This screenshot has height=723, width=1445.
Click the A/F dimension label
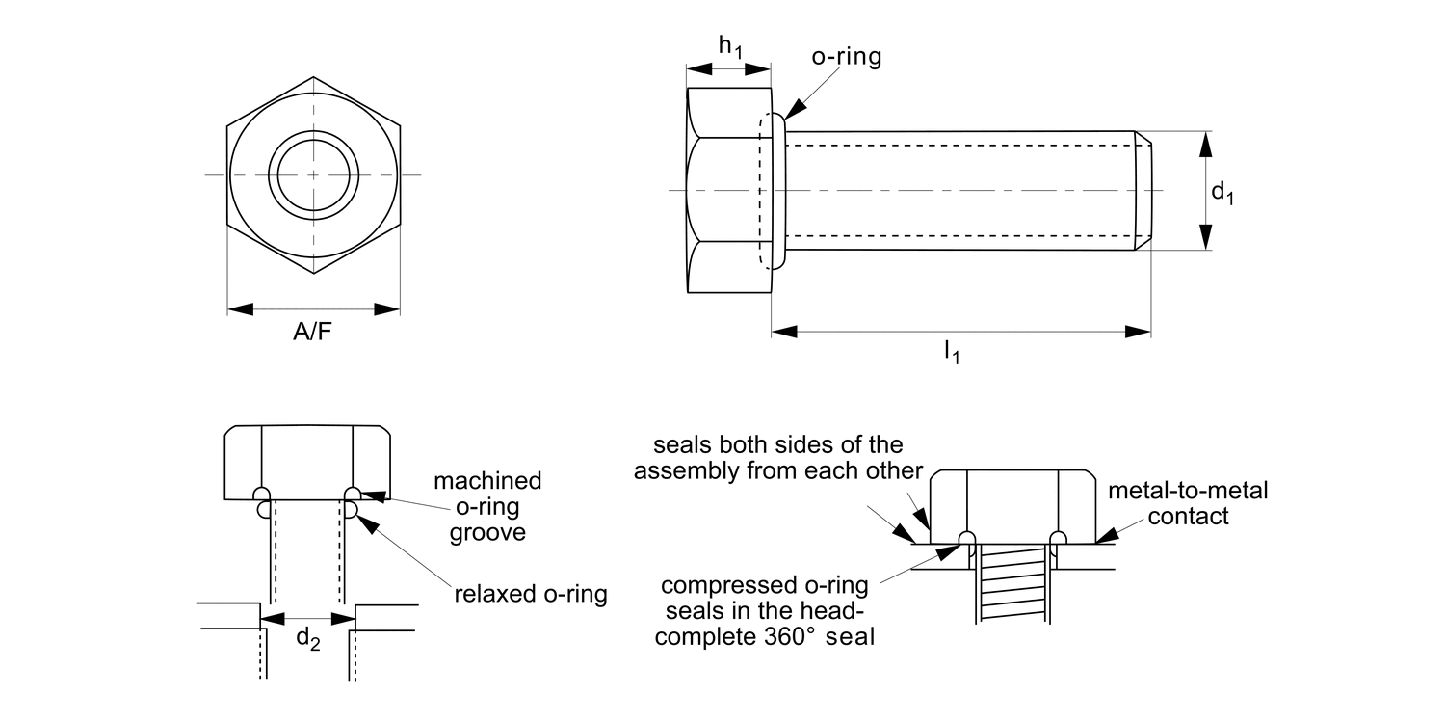[313, 334]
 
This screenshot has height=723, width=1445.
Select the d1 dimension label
[1222, 192]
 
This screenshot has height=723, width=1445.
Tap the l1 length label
[951, 353]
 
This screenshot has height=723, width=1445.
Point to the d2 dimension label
[307, 637]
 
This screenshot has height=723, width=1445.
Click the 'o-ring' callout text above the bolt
[846, 57]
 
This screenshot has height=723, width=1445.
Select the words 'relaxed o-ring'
[531, 594]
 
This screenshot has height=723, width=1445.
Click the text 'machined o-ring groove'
[487, 506]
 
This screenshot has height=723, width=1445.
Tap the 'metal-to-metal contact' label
[1188, 503]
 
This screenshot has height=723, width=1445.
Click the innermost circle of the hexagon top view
[313, 174]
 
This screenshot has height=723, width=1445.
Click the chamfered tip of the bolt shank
[1143, 191]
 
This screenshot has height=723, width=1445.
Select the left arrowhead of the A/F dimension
[240, 309]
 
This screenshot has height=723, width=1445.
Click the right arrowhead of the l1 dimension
[1139, 332]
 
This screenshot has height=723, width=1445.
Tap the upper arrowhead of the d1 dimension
[1204, 144]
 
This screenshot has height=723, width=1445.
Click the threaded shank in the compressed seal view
[1012, 583]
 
